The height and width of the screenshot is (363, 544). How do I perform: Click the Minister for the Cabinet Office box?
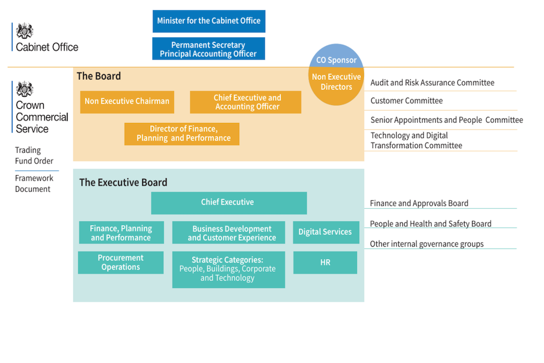(x=209, y=21)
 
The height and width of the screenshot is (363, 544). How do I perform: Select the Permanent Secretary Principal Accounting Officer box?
(x=209, y=49)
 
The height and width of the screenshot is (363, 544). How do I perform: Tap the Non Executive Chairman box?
(x=127, y=102)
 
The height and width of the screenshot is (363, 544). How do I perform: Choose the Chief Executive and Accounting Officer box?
(x=245, y=102)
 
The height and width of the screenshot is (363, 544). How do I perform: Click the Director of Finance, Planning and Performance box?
(x=182, y=134)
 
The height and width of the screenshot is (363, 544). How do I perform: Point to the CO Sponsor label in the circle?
(x=336, y=60)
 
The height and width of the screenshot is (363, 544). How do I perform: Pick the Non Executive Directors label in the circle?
(x=336, y=82)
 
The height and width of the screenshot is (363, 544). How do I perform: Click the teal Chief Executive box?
(x=228, y=202)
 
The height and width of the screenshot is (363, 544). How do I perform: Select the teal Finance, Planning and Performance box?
(x=121, y=233)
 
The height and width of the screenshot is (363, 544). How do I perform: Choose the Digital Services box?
(x=325, y=232)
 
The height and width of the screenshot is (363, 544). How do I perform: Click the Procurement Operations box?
(x=121, y=262)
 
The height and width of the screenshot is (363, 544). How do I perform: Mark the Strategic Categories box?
(x=228, y=269)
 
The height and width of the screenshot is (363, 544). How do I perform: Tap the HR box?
(x=325, y=263)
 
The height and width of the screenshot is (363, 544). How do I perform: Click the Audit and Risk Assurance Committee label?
(x=432, y=83)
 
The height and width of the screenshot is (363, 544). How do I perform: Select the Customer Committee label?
(x=406, y=101)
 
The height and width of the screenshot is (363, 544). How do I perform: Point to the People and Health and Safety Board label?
(x=430, y=223)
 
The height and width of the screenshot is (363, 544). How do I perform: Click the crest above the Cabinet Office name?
(x=25, y=31)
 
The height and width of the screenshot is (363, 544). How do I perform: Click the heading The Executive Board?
(x=123, y=183)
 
